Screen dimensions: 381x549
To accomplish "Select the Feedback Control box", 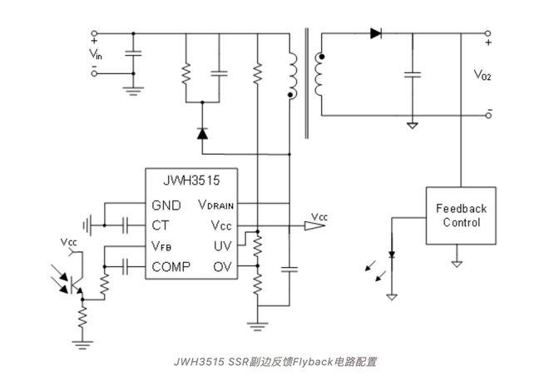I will coord(455,215).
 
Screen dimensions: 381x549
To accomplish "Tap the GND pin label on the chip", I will coord(169,205).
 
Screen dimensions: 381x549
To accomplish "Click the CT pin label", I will coord(161,225).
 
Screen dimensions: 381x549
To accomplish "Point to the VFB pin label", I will coord(163,246).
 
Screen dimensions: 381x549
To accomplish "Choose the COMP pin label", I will coord(171,266).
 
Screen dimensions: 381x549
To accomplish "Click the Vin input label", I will coord(97,55).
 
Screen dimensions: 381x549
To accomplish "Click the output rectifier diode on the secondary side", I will coord(376,34).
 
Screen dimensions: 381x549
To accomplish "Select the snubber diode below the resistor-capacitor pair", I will coord(202,133).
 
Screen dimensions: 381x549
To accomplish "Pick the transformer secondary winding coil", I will coord(319,75).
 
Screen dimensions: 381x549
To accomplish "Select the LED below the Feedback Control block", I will coord(392,255).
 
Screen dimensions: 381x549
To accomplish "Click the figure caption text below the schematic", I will coord(274,362).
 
